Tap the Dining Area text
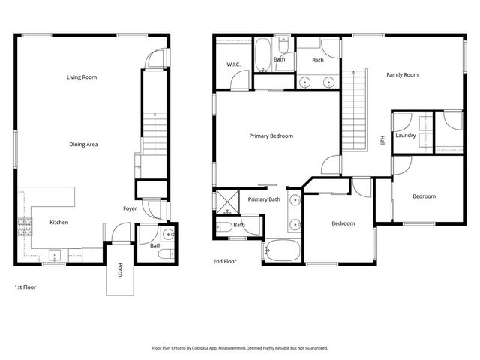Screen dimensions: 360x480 tap(83, 144)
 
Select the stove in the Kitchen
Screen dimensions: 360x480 tap(24, 223)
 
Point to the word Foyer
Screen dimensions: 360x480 tap(130, 208)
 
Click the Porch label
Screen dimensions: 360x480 tap(118, 271)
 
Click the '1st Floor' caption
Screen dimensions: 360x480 tap(25, 286)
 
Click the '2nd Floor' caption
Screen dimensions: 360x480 tap(224, 262)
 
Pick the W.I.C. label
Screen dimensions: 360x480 tap(232, 64)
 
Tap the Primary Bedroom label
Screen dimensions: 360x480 tap(271, 136)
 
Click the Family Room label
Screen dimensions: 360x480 tap(402, 75)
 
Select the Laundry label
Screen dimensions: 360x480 tap(405, 136)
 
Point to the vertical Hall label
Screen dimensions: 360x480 tap(382, 140)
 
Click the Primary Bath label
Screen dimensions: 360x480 tap(264, 199)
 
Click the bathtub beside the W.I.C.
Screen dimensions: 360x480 tap(262, 54)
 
